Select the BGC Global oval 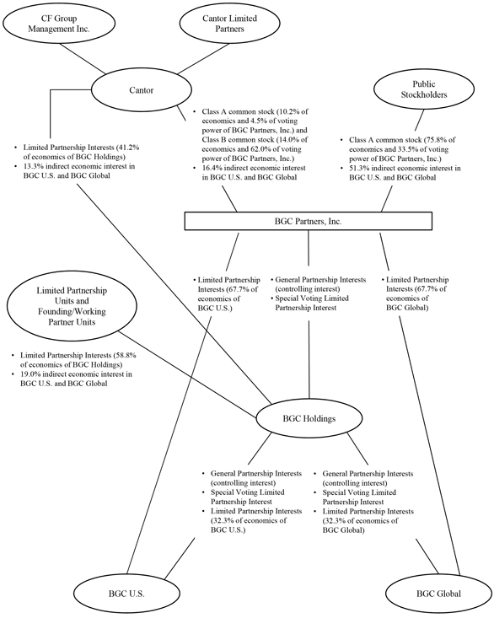[x=438, y=594]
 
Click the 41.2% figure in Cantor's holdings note [x=131, y=148]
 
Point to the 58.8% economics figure [x=127, y=355]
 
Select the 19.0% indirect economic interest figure [x=30, y=374]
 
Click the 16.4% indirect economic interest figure [x=211, y=168]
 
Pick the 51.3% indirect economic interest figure [x=358, y=168]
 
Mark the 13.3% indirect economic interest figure [x=32, y=166]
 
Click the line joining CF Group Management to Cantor [x=83, y=58]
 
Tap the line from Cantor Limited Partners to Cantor [x=203, y=59]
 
